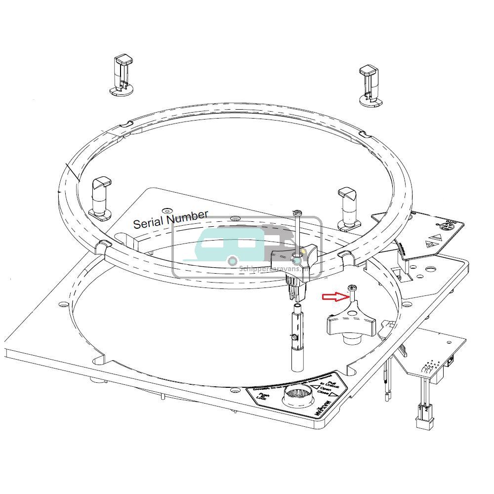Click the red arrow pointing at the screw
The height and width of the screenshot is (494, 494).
[x=334, y=296]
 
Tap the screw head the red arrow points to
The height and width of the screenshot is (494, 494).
[x=352, y=288]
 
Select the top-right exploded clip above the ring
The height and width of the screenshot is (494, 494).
[x=370, y=84]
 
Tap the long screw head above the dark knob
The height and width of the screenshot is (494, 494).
[x=297, y=213]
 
